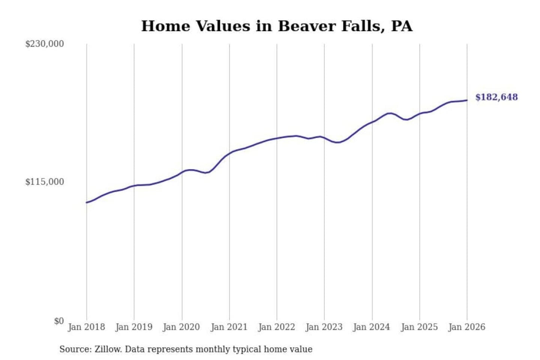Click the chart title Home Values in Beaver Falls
pyautogui.click(x=277, y=26)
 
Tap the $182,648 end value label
pyautogui.click(x=496, y=97)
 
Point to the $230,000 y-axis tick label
pyautogui.click(x=44, y=44)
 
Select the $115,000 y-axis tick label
pyautogui.click(x=44, y=182)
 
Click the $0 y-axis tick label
pyautogui.click(x=58, y=321)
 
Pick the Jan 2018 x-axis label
pyautogui.click(x=87, y=327)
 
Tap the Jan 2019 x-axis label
pyautogui.click(x=134, y=327)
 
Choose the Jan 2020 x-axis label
pyautogui.click(x=181, y=327)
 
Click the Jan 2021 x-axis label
pyautogui.click(x=229, y=327)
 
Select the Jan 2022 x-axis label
pyautogui.click(x=277, y=327)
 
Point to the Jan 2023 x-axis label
pyautogui.click(x=324, y=327)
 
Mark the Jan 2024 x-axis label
pyautogui.click(x=372, y=327)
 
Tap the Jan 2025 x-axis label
pyautogui.click(x=419, y=327)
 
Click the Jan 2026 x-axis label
pyautogui.click(x=467, y=327)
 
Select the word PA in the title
pyautogui.click(x=402, y=26)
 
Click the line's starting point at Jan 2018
pyautogui.click(x=87, y=202)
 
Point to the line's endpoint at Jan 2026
pyautogui.click(x=467, y=100)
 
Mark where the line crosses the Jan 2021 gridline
pyautogui.click(x=229, y=153)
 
